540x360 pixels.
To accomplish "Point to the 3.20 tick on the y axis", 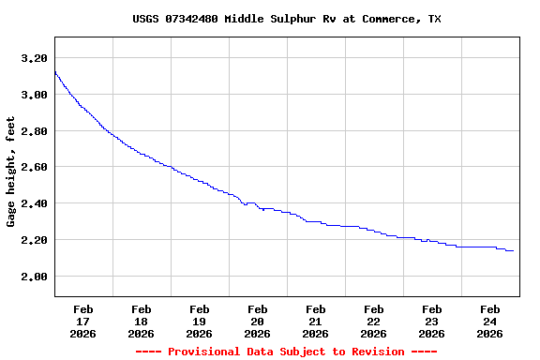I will point(34,58).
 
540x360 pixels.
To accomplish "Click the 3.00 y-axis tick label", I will point(34,95).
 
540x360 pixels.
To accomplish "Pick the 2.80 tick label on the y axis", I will point(34,131).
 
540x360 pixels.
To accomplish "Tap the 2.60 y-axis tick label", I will point(34,167).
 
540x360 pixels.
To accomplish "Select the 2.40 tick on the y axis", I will point(34,203).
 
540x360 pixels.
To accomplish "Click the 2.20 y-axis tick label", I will point(34,240).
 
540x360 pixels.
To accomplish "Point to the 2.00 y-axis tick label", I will point(34,277).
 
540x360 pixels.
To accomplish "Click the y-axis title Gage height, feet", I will point(11,172).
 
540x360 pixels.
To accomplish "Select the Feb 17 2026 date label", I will point(82,321).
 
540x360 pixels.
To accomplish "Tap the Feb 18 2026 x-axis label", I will point(141,321).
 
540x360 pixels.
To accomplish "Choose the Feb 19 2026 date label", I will point(199,321).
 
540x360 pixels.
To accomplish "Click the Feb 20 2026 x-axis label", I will point(257,321).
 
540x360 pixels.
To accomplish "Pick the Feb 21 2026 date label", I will point(315,321).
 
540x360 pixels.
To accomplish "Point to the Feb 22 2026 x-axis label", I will point(373,321).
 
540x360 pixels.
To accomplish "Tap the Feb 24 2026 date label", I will point(489,321).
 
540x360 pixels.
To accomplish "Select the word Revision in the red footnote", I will point(377,352).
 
